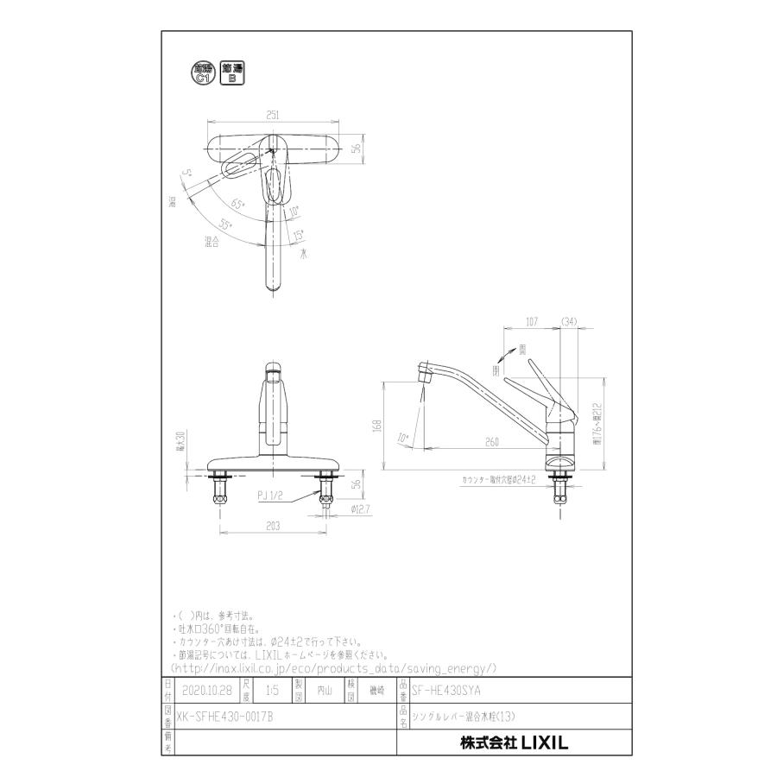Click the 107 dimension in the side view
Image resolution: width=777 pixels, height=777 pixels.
pyautogui.click(x=534, y=323)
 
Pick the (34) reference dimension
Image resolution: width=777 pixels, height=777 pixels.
pyautogui.click(x=569, y=323)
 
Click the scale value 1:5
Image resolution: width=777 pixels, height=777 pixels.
pyautogui.click(x=273, y=691)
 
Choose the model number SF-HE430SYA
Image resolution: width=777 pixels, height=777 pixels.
pyautogui.click(x=447, y=691)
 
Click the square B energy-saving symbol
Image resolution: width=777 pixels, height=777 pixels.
pyautogui.click(x=231, y=73)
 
